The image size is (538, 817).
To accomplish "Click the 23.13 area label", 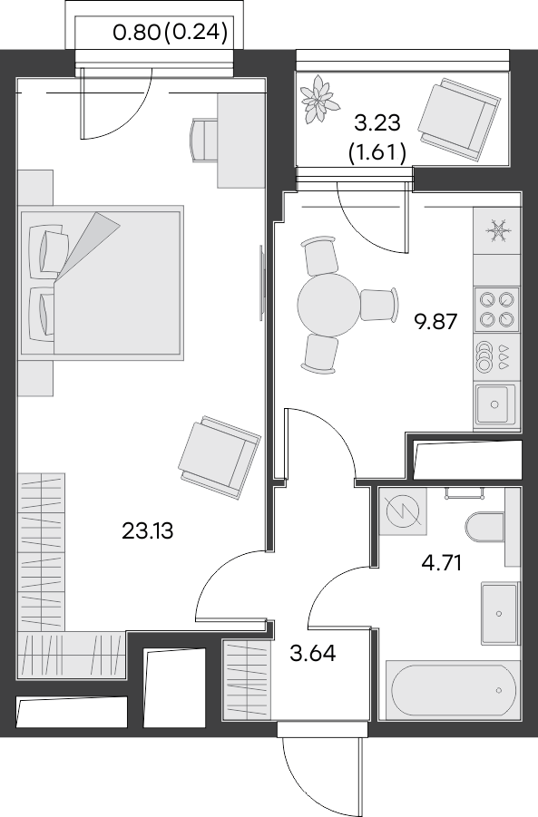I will tap(147, 530).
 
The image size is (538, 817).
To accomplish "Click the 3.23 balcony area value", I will tap(377, 122).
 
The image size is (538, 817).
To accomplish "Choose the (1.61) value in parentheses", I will tap(377, 151).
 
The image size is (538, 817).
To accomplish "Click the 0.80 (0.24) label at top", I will tap(169, 35).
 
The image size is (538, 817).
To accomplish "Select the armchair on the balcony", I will tap(462, 116).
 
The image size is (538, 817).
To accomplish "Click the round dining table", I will tap(329, 303).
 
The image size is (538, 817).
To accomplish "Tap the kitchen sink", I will tap(495, 404).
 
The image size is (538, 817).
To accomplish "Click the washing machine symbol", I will tap(402, 513).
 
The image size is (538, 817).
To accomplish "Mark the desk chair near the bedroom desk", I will tap(202, 139).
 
